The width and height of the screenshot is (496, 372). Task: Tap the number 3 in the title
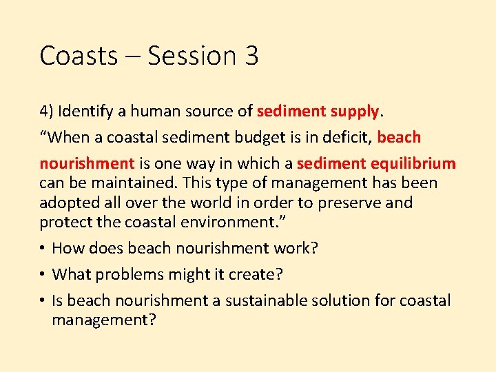[251, 56]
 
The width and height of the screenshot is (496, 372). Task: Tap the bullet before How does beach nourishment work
[43, 248]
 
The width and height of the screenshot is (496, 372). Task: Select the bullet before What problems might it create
[43, 274]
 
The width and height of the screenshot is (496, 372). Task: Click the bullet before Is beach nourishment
[43, 300]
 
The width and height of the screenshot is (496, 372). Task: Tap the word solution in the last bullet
[344, 300]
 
